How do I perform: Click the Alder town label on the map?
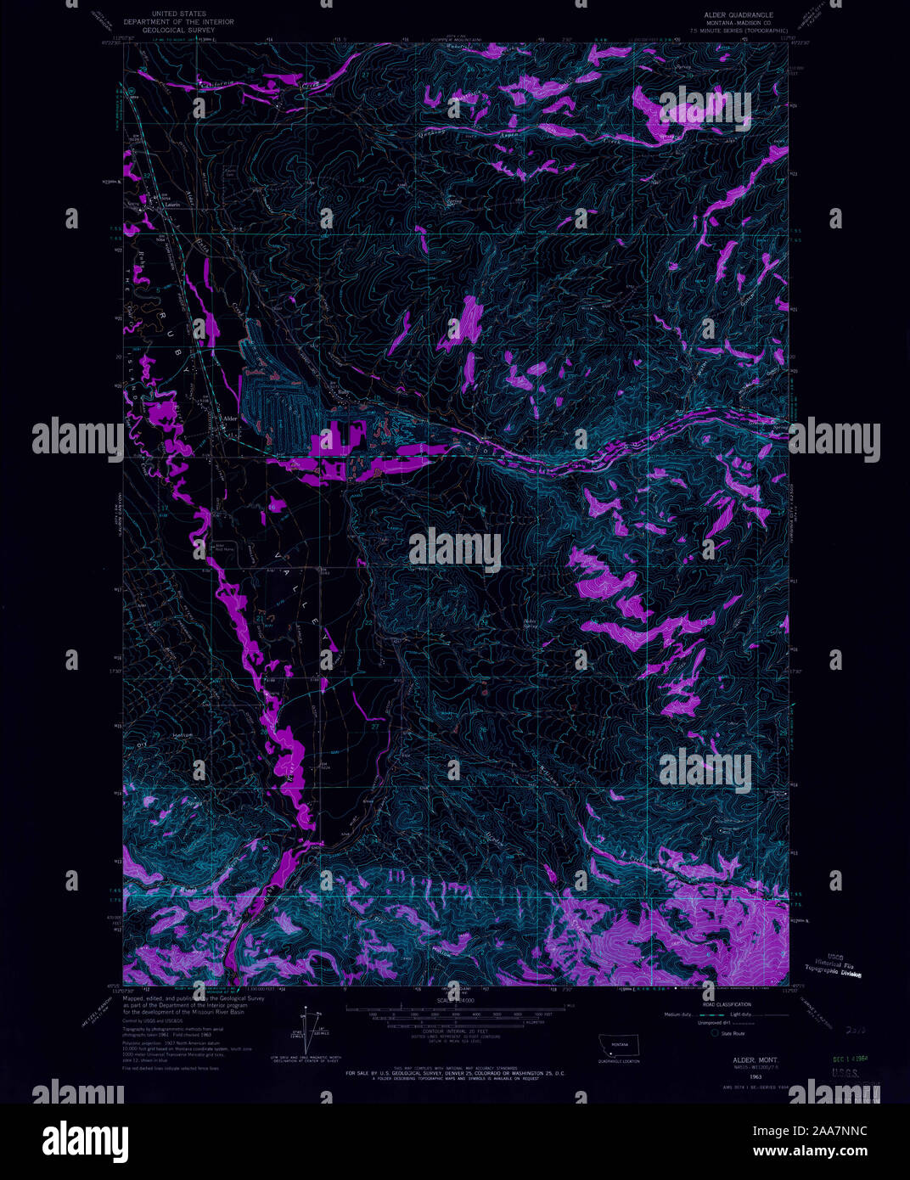227,419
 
